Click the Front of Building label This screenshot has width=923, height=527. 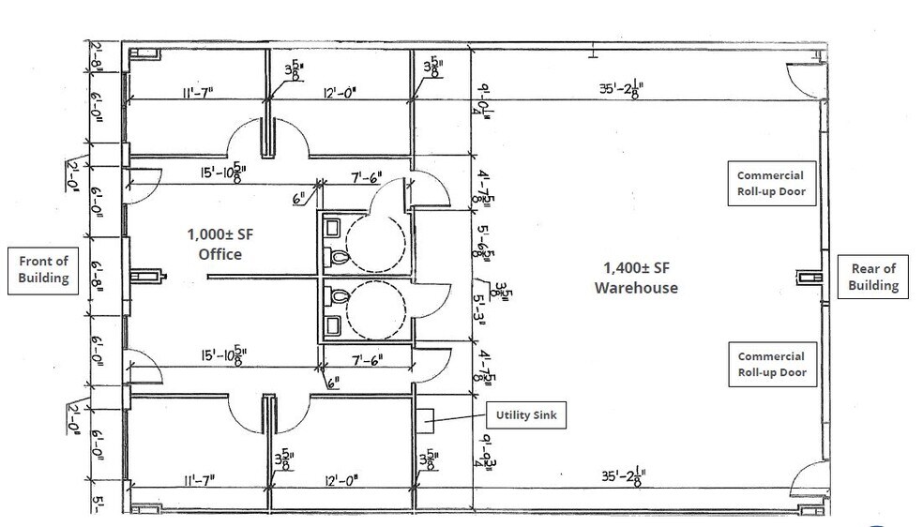(42, 271)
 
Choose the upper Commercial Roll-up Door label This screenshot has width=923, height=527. (770, 184)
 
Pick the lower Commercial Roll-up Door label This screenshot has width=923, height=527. (770, 364)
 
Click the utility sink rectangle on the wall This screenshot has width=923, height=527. (422, 418)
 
